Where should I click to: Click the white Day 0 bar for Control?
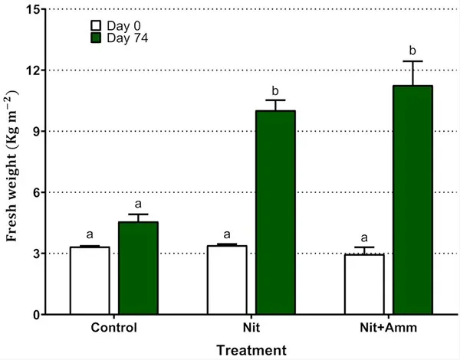tap(90, 280)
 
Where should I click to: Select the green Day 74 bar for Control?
tap(138, 268)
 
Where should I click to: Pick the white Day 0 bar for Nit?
tap(227, 280)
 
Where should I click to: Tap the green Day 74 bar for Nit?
tap(275, 212)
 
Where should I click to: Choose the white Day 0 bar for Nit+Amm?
tap(364, 284)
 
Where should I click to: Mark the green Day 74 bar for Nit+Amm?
tap(412, 200)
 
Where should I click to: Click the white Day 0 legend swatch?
tap(96, 26)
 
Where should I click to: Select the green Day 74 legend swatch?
tap(96, 38)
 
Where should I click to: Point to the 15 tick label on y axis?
tap(32, 9)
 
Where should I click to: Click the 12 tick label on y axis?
tap(32, 70)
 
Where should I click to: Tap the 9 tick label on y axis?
tap(36, 131)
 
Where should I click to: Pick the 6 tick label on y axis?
tap(36, 192)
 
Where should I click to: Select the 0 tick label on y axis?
tap(36, 315)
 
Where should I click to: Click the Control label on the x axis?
tap(113, 328)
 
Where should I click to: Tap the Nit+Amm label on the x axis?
tap(389, 328)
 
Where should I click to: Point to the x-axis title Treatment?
tap(251, 350)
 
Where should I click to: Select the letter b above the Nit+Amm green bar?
tap(412, 51)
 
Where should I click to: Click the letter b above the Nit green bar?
tap(275, 91)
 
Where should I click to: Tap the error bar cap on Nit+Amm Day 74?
tap(412, 61)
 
